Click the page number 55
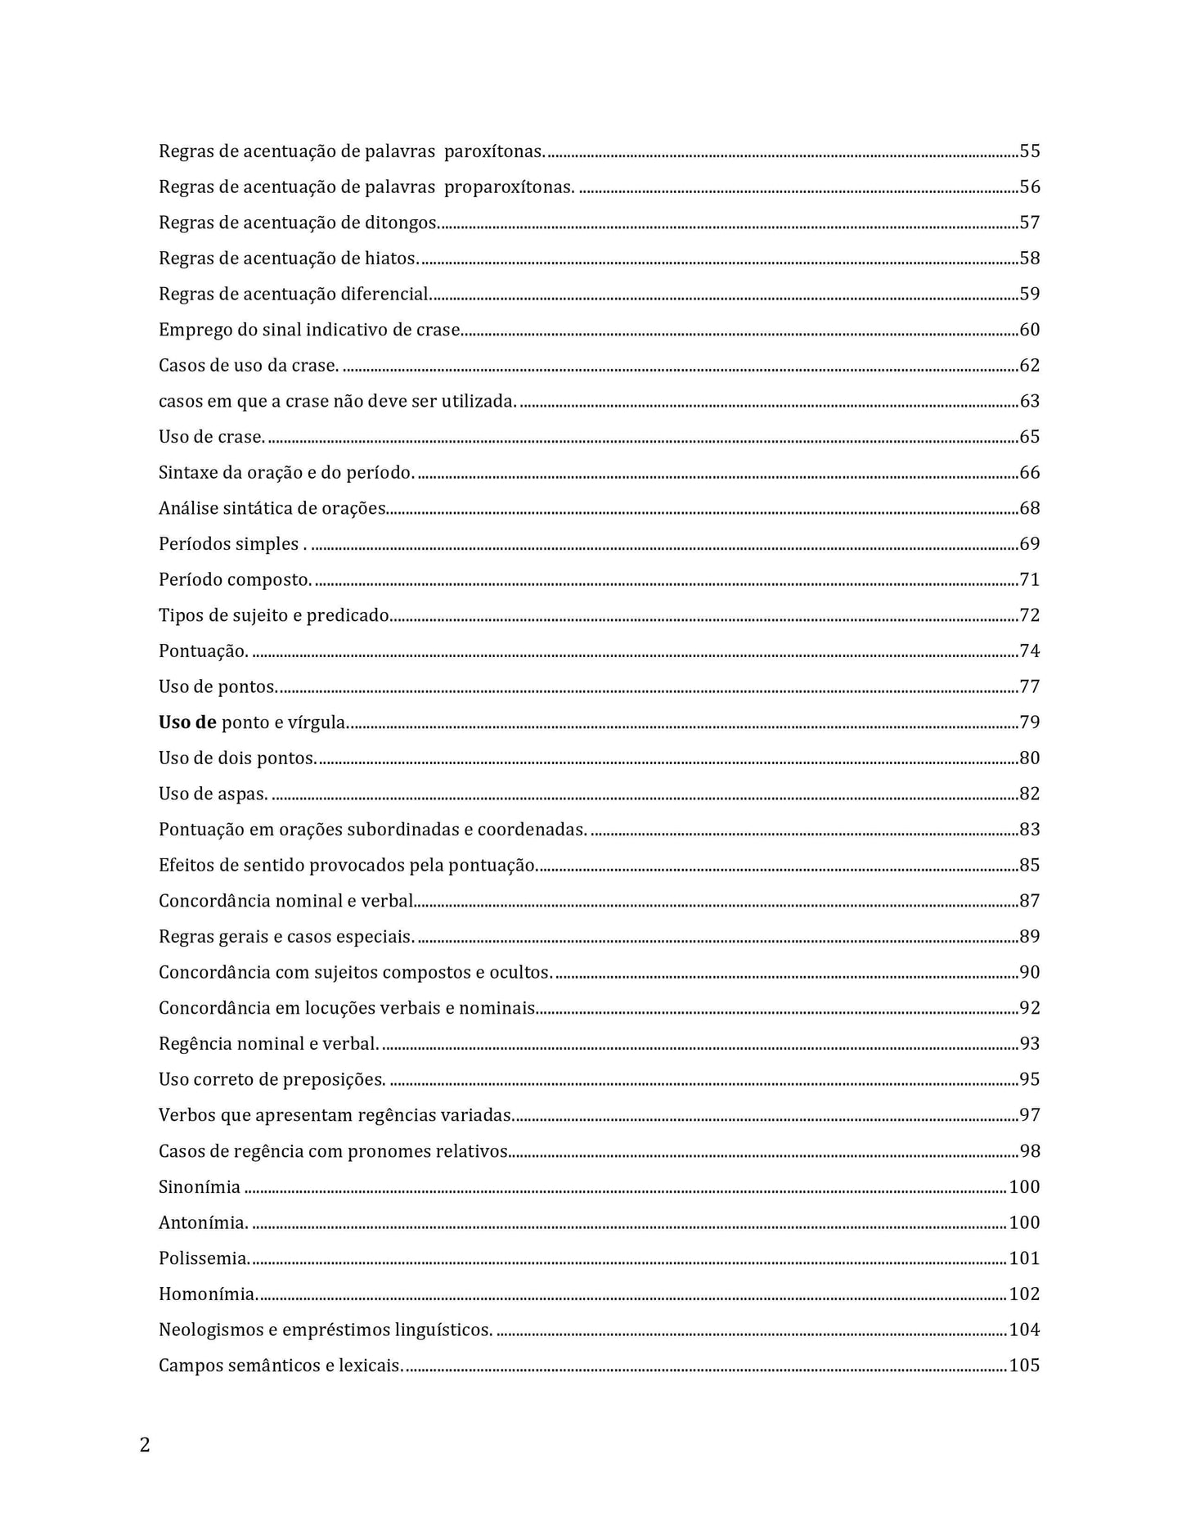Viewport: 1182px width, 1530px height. coord(1029,151)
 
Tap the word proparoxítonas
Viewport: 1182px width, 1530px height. coord(508,187)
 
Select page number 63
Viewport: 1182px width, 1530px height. coord(1029,401)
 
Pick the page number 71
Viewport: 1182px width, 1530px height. coord(1029,580)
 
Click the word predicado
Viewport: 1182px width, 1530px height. coord(348,615)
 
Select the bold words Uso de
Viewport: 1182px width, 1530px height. coord(187,722)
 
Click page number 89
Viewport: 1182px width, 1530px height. coord(1029,937)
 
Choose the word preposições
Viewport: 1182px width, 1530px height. coord(334,1080)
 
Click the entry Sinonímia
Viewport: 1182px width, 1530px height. coord(200,1187)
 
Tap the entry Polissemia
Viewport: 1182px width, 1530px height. coord(204,1258)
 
